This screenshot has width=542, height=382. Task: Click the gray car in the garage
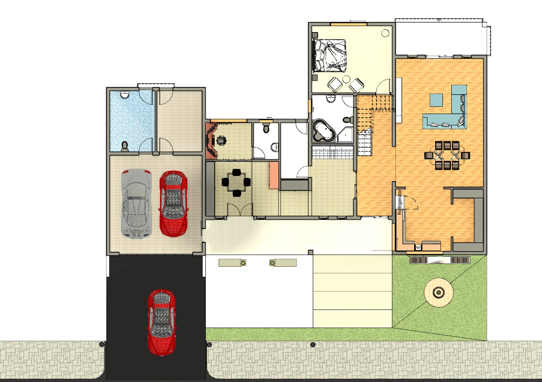(x=137, y=203)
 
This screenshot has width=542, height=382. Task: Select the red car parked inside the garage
(x=173, y=203)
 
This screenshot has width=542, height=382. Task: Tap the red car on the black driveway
(x=161, y=322)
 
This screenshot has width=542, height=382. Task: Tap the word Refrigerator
(x=400, y=202)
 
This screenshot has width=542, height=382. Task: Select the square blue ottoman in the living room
(x=436, y=100)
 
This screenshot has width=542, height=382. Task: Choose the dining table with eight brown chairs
(x=447, y=155)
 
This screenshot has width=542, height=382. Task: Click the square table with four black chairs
(x=236, y=183)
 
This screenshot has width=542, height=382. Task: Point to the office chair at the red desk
(x=221, y=140)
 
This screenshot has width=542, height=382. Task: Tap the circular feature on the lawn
(x=439, y=292)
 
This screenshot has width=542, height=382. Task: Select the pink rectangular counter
(x=273, y=175)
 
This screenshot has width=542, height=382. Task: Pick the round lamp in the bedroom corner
(x=385, y=33)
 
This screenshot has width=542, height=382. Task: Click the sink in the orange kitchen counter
(x=418, y=247)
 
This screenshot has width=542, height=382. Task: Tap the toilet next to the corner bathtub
(x=348, y=120)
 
